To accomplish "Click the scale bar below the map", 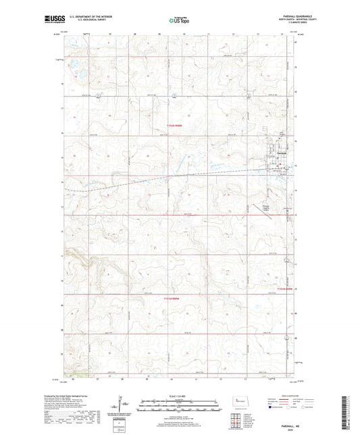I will pos(180,407).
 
